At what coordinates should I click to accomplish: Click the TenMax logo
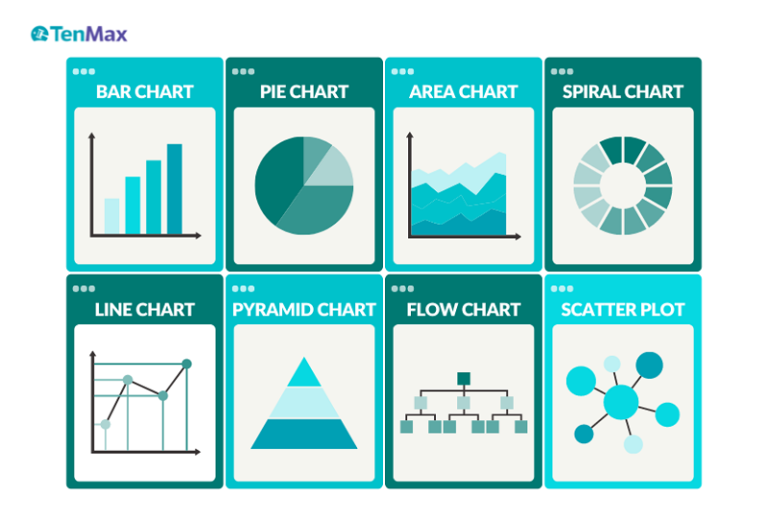click(x=79, y=34)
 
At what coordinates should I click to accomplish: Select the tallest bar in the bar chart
click(x=175, y=189)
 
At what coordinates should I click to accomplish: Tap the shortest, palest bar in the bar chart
click(x=111, y=217)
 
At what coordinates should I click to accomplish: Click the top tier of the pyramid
click(x=304, y=372)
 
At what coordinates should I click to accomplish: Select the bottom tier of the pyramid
click(x=304, y=434)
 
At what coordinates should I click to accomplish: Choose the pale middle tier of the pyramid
click(x=304, y=402)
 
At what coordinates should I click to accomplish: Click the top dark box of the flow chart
click(x=464, y=378)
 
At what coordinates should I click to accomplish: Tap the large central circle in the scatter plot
click(x=621, y=402)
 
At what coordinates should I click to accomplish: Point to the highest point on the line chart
click(x=186, y=364)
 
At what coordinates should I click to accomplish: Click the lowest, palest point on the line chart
click(x=106, y=424)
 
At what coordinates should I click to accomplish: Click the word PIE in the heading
click(x=273, y=91)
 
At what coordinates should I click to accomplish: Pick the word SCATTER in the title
click(x=591, y=310)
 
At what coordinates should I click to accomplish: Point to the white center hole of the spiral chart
click(x=623, y=185)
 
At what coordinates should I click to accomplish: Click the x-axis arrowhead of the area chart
click(x=517, y=236)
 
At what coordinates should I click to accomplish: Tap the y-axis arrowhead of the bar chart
click(x=91, y=135)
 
